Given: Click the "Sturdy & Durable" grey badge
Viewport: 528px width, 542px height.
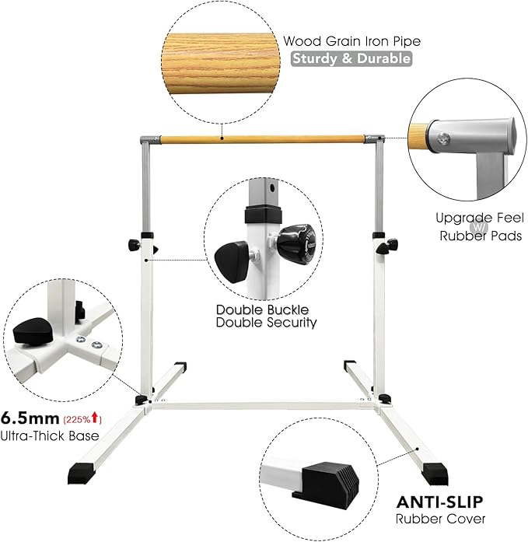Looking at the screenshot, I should (351, 59).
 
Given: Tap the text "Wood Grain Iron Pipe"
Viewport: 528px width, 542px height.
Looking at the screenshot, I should (346, 41).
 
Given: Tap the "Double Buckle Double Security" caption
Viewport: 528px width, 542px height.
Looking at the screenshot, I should (267, 316).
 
